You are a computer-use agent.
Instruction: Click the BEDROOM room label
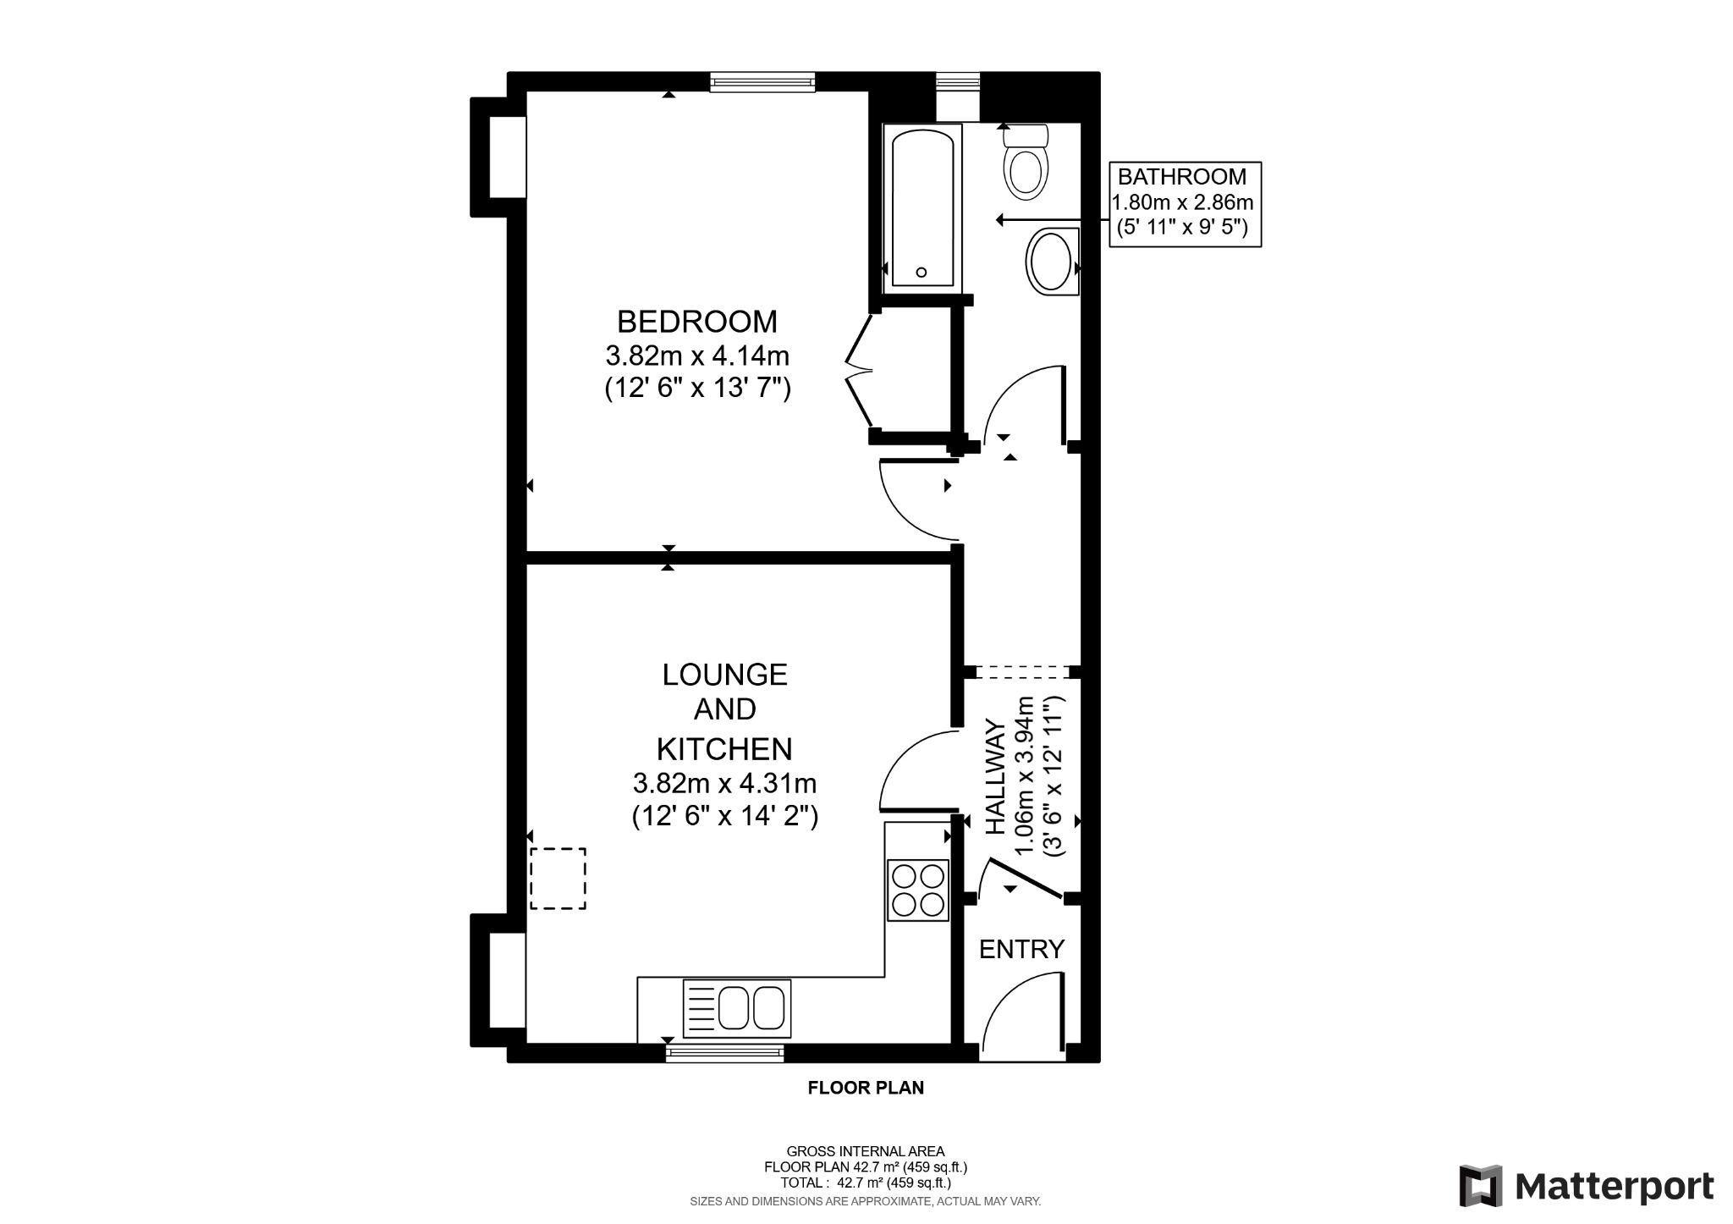pos(696,322)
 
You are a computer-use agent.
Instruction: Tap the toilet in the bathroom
pos(1026,166)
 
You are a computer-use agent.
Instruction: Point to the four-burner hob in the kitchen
pos(916,890)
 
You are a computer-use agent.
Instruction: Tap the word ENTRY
pos(1021,950)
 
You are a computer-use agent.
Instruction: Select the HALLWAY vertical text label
pos(997,777)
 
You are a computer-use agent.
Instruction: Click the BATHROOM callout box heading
pos(1181,177)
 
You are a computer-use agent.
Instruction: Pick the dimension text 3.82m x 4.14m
pos(696,355)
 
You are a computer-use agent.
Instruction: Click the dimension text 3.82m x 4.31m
pos(724,782)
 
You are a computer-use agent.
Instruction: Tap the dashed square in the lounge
pos(558,879)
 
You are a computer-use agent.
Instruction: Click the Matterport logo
pos(1587,1187)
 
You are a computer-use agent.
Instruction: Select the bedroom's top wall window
pos(762,82)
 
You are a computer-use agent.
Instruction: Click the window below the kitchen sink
pos(724,1053)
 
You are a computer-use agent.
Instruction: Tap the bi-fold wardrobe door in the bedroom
pos(858,370)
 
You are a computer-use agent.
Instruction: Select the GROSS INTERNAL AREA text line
pos(865,1151)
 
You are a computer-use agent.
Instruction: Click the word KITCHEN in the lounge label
pos(724,749)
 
